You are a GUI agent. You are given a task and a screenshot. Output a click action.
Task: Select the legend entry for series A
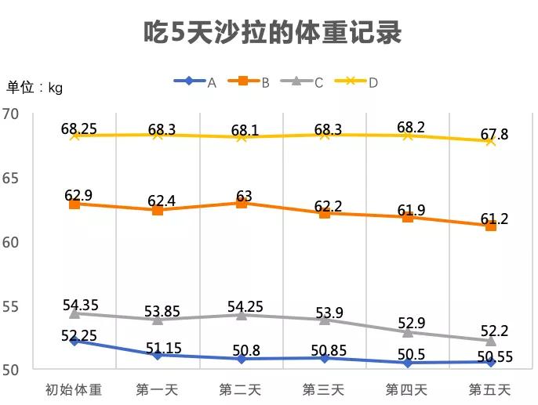197,81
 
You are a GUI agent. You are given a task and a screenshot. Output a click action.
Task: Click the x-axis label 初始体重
74,389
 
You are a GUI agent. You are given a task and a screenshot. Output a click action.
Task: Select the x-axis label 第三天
324,389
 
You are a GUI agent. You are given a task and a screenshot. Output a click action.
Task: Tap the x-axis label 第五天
490,389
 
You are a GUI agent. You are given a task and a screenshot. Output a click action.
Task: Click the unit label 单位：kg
35,88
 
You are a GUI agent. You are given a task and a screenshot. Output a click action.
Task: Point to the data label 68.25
78,128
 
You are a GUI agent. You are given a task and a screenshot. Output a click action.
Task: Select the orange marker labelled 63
241,203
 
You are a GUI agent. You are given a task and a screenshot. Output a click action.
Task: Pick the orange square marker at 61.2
491,226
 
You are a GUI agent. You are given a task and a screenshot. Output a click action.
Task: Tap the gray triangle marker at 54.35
75,313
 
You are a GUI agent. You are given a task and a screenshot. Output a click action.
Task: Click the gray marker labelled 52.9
408,332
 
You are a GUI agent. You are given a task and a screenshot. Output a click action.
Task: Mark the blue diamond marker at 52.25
75,341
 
